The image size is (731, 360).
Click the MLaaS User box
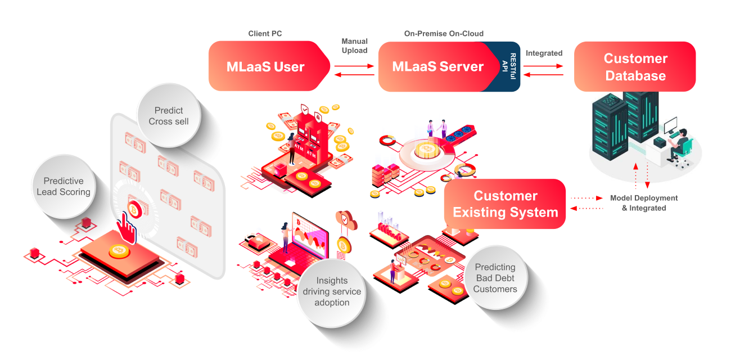[x=265, y=66]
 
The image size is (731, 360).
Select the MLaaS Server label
[x=437, y=67]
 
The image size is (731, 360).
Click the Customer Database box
[x=635, y=66]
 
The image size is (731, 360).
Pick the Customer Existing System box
[x=505, y=204]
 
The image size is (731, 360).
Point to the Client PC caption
[x=265, y=34]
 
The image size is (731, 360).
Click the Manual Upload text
[x=354, y=46]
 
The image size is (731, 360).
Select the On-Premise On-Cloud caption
[x=444, y=34]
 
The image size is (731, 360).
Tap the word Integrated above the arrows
[x=544, y=53]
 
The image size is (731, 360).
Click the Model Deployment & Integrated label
[x=644, y=203]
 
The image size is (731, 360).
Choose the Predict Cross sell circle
[x=169, y=116]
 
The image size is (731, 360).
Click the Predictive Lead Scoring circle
[x=64, y=186]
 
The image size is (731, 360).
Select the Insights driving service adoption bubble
[x=332, y=291]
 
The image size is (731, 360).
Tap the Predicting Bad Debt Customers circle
[x=495, y=278]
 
